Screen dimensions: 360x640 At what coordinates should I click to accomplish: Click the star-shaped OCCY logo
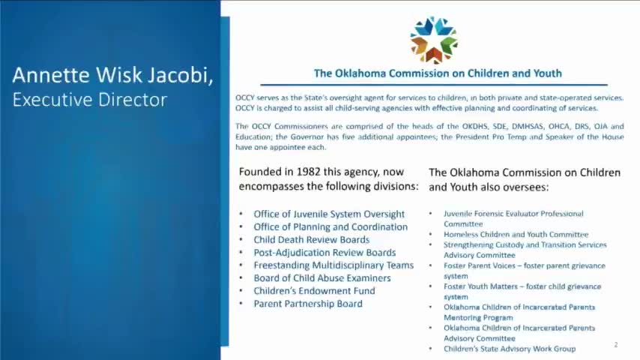point(434,39)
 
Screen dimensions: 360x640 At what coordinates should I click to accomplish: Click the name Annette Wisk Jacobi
point(113,75)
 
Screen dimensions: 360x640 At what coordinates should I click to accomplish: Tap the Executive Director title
point(89,100)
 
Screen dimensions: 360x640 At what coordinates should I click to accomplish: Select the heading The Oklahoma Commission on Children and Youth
point(438,73)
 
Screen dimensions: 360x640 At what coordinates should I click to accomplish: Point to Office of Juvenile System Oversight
point(329,214)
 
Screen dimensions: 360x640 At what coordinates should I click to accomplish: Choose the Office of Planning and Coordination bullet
point(330,226)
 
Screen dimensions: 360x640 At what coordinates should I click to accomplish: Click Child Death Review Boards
point(311,239)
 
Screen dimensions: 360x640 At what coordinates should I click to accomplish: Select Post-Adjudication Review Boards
point(324,253)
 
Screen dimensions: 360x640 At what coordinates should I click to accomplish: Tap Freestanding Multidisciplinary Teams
point(333,265)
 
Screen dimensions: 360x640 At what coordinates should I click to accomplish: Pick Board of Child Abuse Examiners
point(321,278)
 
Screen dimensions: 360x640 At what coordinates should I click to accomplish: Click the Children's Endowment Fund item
point(314,291)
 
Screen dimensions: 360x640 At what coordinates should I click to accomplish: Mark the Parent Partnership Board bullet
point(308,304)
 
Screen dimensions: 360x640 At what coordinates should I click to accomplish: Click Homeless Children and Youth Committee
point(516,235)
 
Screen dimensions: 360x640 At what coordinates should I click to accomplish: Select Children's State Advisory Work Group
point(509,349)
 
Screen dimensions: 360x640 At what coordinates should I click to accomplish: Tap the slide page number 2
point(615,345)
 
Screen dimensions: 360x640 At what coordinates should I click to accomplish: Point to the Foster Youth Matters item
point(522,286)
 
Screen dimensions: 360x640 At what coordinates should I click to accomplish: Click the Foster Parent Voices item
point(525,265)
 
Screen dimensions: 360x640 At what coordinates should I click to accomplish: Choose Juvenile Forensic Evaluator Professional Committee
point(513,214)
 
